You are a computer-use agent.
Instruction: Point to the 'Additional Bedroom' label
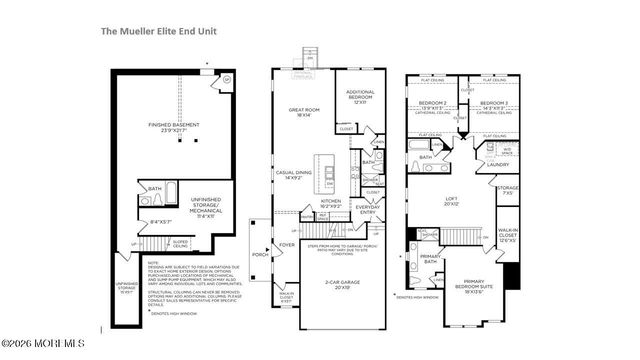click(359, 96)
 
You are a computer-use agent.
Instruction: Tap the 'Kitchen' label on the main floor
click(331, 201)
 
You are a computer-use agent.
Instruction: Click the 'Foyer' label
click(287, 243)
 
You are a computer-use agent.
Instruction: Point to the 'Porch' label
click(260, 252)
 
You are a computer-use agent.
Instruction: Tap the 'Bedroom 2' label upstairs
click(430, 104)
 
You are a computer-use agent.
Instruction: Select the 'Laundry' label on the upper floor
click(500, 165)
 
